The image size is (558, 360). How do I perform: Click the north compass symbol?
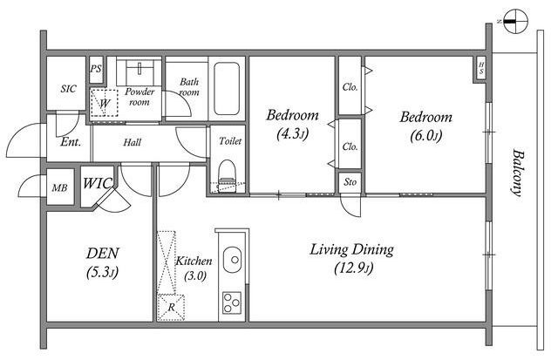(x=515, y=21)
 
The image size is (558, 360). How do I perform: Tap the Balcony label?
(x=518, y=173)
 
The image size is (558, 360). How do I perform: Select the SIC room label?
(x=68, y=88)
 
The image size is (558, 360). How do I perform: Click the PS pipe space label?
(x=96, y=68)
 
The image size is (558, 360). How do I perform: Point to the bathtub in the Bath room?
(x=227, y=89)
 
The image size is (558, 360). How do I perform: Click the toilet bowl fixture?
(x=227, y=176)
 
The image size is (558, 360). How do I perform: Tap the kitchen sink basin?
(x=233, y=260)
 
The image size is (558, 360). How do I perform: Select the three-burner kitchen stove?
(x=232, y=302)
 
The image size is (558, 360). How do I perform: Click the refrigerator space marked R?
(x=171, y=308)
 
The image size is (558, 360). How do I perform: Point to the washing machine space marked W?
(x=104, y=103)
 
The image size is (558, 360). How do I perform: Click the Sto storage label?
(x=350, y=182)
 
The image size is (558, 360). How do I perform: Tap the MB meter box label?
(x=59, y=187)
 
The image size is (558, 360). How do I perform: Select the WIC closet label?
(x=98, y=184)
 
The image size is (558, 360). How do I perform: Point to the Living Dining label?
(x=352, y=249)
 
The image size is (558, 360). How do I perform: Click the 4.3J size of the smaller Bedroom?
(x=292, y=134)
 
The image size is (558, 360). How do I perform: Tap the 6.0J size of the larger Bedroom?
(x=426, y=135)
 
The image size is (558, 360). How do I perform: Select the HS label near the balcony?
(x=481, y=68)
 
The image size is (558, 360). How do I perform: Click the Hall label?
(x=132, y=143)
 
